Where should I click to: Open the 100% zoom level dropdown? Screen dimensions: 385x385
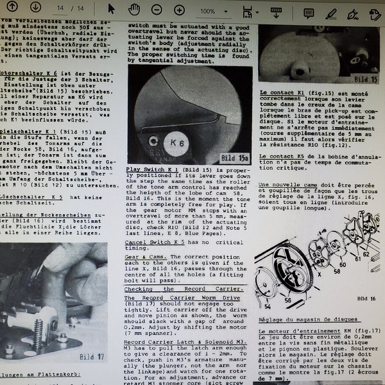(x=211, y=11)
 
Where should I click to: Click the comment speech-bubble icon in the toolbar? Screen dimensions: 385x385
(x=309, y=12)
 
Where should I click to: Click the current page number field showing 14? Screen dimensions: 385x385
(x=60, y=9)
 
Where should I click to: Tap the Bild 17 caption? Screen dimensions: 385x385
(x=92, y=356)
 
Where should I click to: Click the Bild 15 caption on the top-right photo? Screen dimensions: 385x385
(x=366, y=80)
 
